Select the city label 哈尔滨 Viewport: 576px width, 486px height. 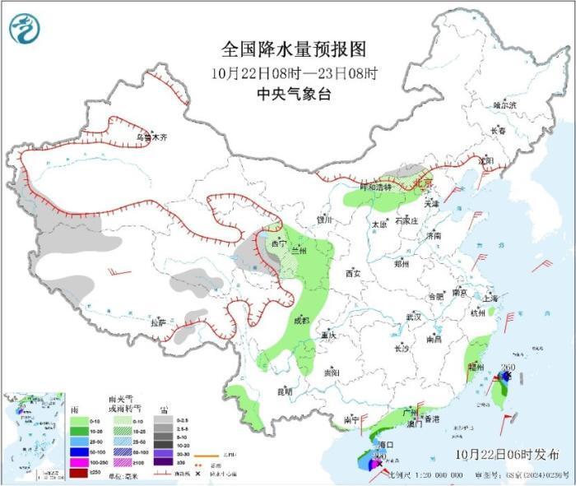pyautogui.click(x=504, y=105)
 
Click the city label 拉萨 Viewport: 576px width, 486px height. pyautogui.click(x=158, y=322)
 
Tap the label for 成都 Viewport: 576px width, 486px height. pyautogui.click(x=301, y=320)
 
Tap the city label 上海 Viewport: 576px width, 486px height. pyautogui.click(x=491, y=298)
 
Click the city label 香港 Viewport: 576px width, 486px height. pyautogui.click(x=434, y=419)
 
